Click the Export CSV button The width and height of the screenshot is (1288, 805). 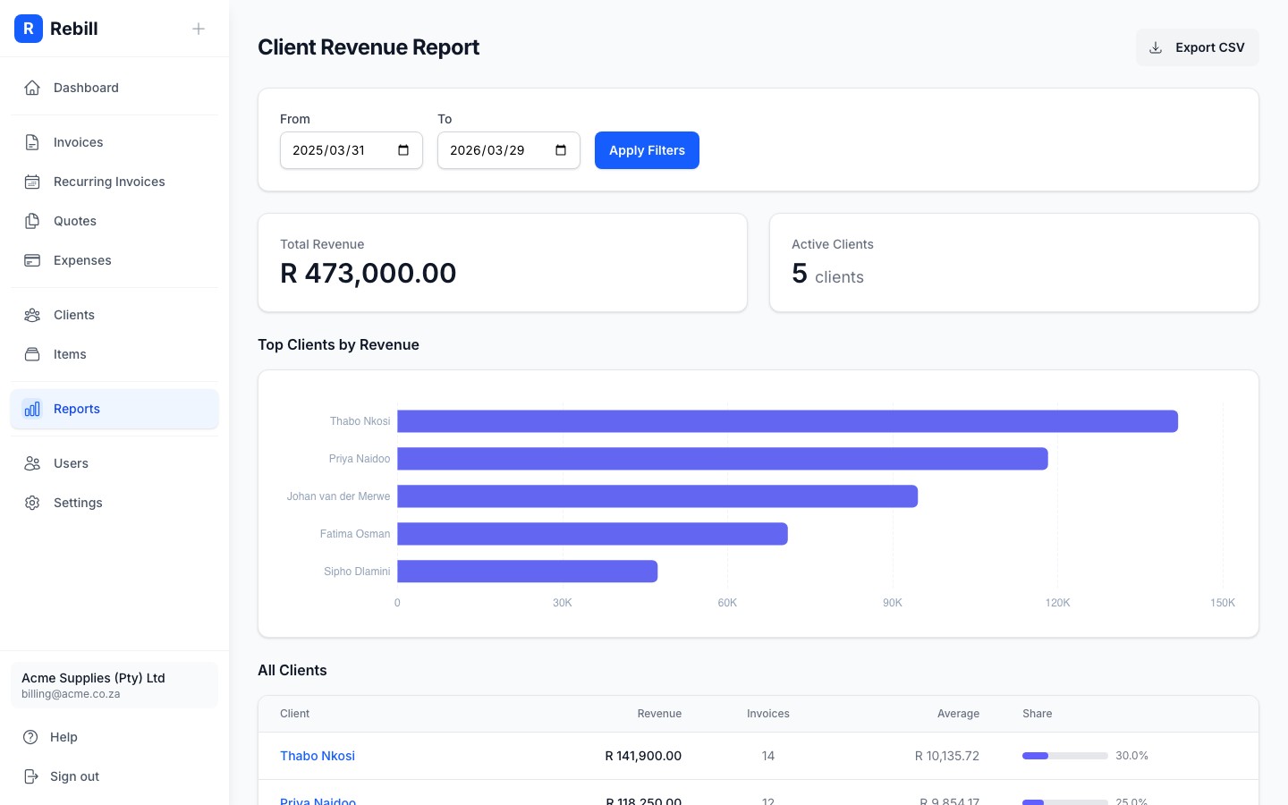pyautogui.click(x=1197, y=47)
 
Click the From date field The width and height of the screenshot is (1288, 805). pyautogui.click(x=340, y=150)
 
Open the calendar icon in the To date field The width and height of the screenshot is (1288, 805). pyautogui.click(x=561, y=150)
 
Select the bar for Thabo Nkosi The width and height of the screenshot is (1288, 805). pyautogui.click(x=787, y=421)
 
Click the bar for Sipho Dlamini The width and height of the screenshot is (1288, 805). pyautogui.click(x=527, y=572)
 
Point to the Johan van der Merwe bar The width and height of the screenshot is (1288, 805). pyautogui.click(x=657, y=496)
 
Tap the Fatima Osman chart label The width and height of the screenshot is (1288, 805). pyautogui.click(x=354, y=534)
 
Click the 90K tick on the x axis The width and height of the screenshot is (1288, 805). pyautogui.click(x=892, y=603)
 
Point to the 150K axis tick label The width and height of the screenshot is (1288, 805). pyautogui.click(x=1222, y=603)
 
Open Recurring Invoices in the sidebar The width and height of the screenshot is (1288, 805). pyautogui.click(x=109, y=182)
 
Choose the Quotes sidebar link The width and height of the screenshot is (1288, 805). pyautogui.click(x=75, y=221)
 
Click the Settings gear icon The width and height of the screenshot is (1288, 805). pyautogui.click(x=32, y=503)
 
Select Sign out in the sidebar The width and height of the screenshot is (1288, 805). pyautogui.click(x=74, y=776)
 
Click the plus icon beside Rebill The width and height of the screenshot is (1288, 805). pyautogui.click(x=199, y=29)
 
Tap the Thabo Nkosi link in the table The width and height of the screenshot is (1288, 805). pyautogui.click(x=318, y=756)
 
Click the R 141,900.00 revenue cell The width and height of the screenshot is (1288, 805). pyautogui.click(x=643, y=756)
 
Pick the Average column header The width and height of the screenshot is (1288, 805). pyautogui.click(x=958, y=714)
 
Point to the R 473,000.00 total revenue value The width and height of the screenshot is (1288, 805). pyautogui.click(x=369, y=273)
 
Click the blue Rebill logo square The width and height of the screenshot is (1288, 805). pyautogui.click(x=29, y=29)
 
